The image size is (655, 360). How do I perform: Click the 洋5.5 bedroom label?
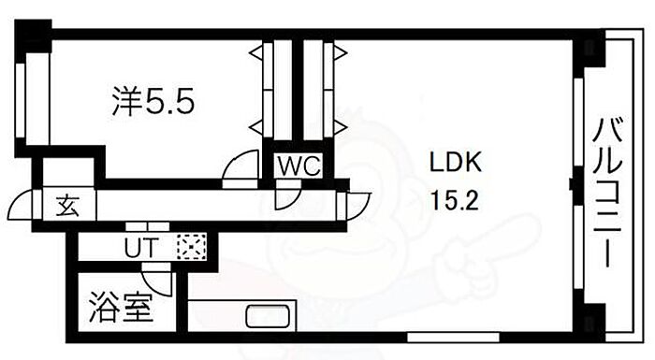(x=153, y=101)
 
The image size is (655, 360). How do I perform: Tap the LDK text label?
(x=456, y=162)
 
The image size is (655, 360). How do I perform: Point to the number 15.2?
(x=454, y=200)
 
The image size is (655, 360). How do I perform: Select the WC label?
(x=299, y=166)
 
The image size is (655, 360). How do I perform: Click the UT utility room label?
(x=141, y=248)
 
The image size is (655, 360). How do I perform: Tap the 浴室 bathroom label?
(x=120, y=308)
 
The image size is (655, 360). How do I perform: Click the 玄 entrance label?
(x=68, y=206)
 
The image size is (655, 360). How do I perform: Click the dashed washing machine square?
(x=191, y=247)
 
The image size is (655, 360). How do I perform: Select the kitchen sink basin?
(x=268, y=317)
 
